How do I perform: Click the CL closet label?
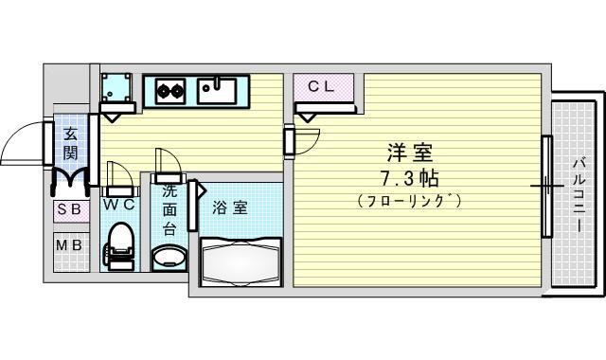320,86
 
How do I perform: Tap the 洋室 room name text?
410,153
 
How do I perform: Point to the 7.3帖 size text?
409,179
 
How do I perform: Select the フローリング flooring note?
409,201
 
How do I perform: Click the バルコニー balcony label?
579,194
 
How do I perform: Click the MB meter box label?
68,245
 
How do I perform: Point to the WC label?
118,205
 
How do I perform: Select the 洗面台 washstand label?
169,210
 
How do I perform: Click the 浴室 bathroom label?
229,208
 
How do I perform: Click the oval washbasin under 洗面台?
169,257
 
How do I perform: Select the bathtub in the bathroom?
241,261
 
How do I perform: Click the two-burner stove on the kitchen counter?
170,91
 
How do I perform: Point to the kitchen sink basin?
217,91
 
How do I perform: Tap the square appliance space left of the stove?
116,87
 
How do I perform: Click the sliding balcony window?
546,186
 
